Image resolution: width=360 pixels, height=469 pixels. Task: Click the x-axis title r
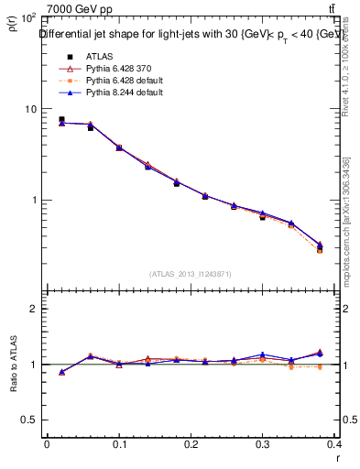point(339,457)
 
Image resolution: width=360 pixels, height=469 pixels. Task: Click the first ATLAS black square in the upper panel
point(61,119)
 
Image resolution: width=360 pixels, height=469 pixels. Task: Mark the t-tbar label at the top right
point(343,9)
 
